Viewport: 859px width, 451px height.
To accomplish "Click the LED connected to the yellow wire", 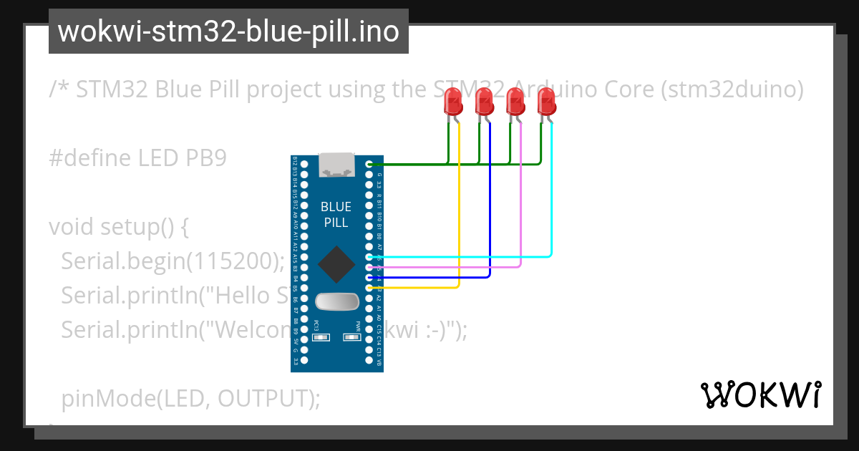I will (x=452, y=102).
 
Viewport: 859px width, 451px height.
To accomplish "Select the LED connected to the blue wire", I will (x=484, y=102).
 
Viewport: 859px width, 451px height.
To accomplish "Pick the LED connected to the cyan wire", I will (x=547, y=102).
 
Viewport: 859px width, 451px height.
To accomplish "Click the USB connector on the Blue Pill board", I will (x=336, y=165).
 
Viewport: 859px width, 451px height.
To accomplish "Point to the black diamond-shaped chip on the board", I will (x=336, y=263).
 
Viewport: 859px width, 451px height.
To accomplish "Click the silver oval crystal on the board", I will (x=336, y=302).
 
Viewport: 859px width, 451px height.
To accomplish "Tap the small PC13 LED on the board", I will (x=321, y=336).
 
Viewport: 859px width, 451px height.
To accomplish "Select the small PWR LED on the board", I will (x=352, y=336).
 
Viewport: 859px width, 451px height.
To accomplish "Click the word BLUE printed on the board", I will (x=336, y=207).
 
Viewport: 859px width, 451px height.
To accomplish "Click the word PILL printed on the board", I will (x=336, y=223).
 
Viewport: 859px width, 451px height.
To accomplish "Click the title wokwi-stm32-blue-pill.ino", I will (x=228, y=31).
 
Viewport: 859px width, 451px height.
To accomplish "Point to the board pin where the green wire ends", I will (x=369, y=164).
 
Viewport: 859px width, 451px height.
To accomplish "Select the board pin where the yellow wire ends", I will (x=369, y=287).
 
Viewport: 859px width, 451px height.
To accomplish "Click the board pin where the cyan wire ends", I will (x=369, y=256).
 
